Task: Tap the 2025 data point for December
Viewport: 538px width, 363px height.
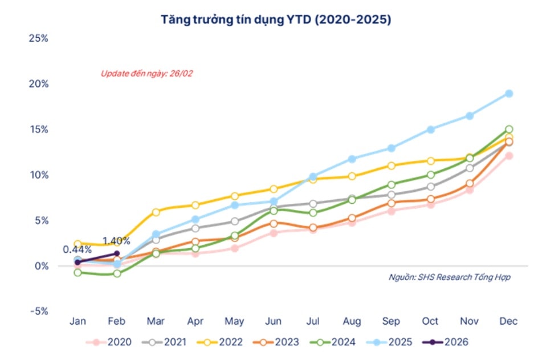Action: [509, 94]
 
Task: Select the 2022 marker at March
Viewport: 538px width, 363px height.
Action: [156, 212]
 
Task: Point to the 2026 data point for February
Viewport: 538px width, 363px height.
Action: [117, 253]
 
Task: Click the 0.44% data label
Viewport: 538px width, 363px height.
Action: [77, 249]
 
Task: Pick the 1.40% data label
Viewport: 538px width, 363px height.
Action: [116, 241]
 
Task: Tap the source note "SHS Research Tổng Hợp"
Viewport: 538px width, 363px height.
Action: [449, 277]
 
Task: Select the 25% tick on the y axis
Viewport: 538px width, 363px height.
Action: [37, 38]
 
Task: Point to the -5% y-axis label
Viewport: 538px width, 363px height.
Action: [37, 312]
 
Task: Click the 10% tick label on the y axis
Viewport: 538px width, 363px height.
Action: [37, 175]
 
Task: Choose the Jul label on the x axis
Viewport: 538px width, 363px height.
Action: [313, 322]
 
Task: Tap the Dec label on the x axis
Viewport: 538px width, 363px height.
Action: [509, 322]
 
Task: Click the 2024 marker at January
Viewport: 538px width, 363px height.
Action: [78, 272]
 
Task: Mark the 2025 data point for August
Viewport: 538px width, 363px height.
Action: [352, 159]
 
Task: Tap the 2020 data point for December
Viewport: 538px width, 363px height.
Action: [509, 156]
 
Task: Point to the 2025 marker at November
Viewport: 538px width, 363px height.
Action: [470, 116]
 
